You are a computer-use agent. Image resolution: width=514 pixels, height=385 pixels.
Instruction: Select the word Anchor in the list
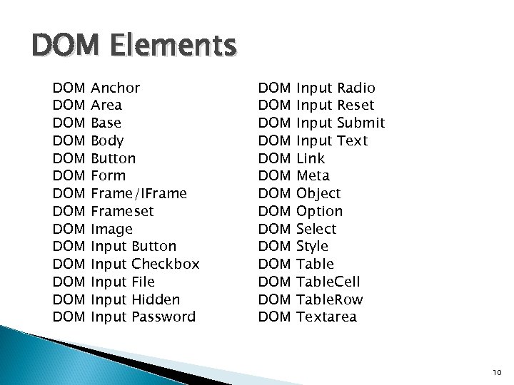[116, 88]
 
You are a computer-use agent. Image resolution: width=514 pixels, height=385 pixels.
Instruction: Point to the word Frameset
[122, 211]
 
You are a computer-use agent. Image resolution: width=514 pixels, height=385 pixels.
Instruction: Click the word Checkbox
[166, 264]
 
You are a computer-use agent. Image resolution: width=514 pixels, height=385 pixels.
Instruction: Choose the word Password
[163, 317]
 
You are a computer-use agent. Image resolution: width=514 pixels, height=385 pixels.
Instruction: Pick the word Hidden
[156, 299]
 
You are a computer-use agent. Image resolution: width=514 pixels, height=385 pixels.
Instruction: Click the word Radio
[355, 88]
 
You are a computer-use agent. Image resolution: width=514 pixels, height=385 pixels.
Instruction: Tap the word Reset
[355, 106]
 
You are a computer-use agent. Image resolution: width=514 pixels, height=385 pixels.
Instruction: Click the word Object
[318, 193]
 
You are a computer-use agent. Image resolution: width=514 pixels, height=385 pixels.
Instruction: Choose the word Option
[319, 211]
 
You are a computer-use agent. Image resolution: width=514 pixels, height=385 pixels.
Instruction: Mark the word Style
[312, 246]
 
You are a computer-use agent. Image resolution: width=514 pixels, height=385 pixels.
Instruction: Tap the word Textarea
[326, 317]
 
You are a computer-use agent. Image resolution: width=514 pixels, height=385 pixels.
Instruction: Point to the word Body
[108, 140]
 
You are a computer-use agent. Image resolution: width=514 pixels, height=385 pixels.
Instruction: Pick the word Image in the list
[112, 229]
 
